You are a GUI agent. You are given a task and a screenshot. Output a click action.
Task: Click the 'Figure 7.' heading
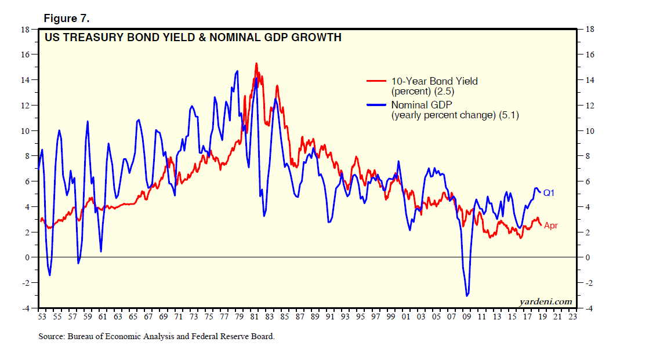[x=67, y=19]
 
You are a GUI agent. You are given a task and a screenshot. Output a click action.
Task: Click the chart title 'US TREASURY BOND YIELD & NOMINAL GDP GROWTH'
[x=193, y=38]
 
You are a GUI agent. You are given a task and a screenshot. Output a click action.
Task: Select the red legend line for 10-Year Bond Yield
[x=376, y=81]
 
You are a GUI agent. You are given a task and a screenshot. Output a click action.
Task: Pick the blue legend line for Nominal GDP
[x=376, y=105]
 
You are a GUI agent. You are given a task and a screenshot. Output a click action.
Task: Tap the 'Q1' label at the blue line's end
[x=549, y=192]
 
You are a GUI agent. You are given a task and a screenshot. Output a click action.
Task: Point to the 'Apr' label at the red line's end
[x=550, y=226]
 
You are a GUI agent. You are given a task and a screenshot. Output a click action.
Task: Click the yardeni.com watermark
[x=546, y=301]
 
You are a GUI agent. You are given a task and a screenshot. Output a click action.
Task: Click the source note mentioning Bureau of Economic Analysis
[x=157, y=336]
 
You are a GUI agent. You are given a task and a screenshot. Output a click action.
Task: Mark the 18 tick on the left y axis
[x=26, y=29]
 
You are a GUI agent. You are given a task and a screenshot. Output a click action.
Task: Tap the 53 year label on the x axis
[x=42, y=317]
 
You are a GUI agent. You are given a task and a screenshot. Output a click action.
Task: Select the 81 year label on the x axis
[x=254, y=317]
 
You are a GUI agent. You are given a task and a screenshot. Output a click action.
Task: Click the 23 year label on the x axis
[x=572, y=317]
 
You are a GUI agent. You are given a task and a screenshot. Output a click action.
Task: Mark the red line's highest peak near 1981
[x=256, y=63]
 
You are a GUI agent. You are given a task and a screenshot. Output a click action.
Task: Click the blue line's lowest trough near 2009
[x=467, y=296]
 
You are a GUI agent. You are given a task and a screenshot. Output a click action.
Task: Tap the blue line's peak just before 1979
[x=237, y=71]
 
